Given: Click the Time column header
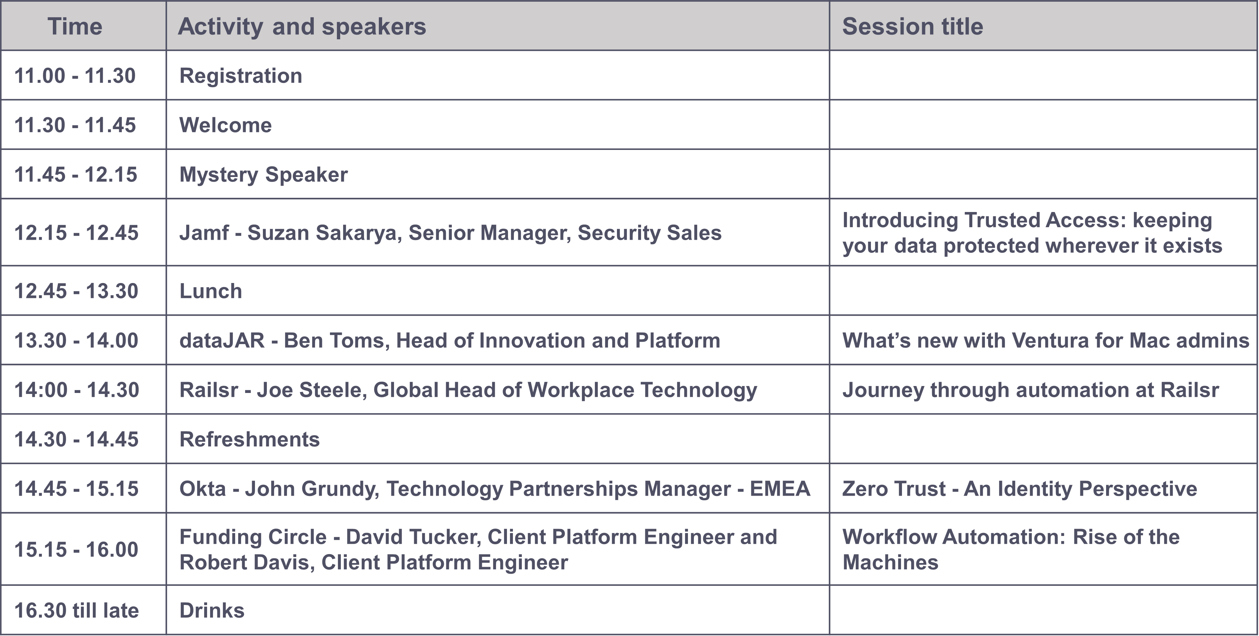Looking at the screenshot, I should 75,26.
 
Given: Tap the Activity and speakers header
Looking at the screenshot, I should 302,26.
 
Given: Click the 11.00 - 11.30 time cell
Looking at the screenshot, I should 75,76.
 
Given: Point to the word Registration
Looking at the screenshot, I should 240,76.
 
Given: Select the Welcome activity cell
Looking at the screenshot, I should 225,125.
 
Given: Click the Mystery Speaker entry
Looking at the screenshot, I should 264,174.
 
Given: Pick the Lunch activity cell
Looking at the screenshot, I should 211,291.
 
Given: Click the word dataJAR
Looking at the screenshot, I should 222,340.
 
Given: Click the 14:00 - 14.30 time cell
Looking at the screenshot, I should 77,390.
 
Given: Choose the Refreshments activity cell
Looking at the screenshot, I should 249,439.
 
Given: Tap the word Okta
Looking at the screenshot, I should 202,488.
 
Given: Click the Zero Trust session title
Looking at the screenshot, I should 1019,488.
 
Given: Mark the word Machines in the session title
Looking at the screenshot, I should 890,562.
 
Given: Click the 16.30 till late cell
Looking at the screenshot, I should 77,611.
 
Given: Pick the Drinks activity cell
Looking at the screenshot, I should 212,611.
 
